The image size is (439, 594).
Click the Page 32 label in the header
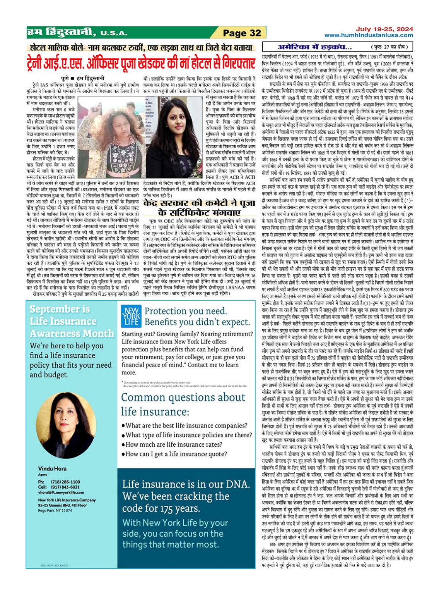[x=242, y=33]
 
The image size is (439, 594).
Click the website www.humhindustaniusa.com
[x=368, y=35]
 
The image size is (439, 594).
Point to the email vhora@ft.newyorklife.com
[x=61, y=492]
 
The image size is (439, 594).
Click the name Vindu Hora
[x=52, y=468]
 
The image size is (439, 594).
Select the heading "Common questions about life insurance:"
[x=183, y=404]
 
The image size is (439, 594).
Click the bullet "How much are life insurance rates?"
[x=179, y=444]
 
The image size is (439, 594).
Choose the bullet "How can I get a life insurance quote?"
[x=181, y=454]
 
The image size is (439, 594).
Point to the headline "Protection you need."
[x=185, y=311]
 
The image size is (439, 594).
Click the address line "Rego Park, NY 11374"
[x=55, y=510]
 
